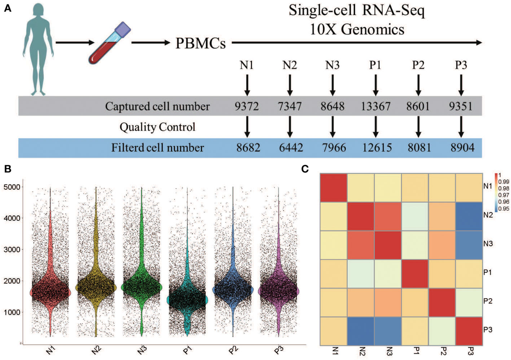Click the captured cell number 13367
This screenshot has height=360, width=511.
coord(375,107)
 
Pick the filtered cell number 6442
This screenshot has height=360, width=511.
coord(290,148)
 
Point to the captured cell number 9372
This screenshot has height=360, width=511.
coord(246,107)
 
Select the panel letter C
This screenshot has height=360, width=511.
coord(304,169)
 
